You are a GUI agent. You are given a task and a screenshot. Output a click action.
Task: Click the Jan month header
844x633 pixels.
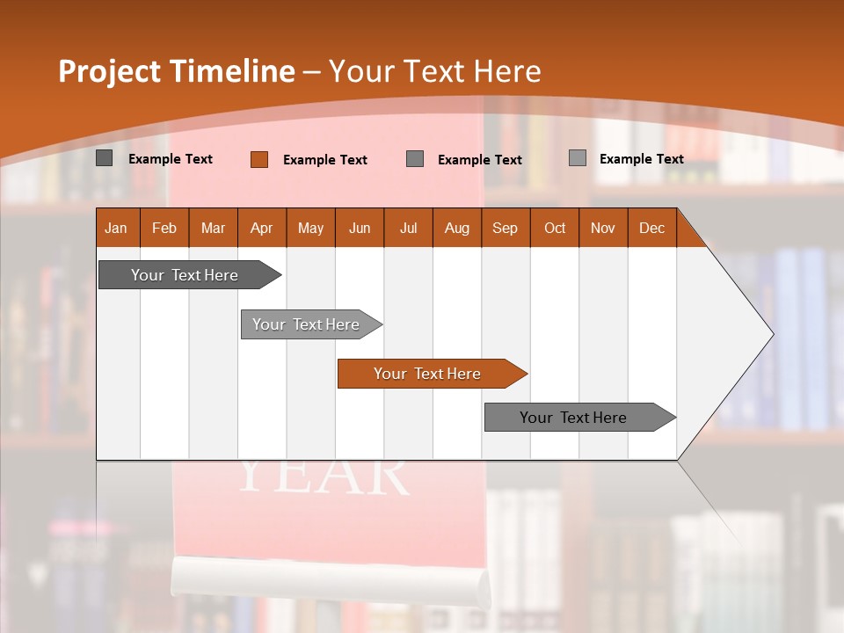coord(116,228)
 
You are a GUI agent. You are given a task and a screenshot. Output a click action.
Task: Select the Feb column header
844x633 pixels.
coord(164,228)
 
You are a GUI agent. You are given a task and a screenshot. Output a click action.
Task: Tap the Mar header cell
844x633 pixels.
coord(213,228)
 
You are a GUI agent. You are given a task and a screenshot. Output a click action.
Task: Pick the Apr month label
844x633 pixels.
coord(262,228)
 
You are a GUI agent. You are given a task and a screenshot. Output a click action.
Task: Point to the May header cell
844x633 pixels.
coord(310,228)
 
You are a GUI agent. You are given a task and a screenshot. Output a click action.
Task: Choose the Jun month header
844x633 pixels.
coord(360,228)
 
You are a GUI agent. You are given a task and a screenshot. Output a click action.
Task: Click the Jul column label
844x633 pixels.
coord(408,228)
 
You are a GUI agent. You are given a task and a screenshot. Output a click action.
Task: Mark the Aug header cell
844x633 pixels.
coord(457,228)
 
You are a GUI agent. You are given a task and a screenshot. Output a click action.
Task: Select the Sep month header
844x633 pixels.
coord(506,228)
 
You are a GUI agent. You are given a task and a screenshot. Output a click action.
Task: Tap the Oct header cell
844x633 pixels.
coord(555,228)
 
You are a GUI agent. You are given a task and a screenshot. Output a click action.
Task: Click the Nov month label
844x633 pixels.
coord(603,228)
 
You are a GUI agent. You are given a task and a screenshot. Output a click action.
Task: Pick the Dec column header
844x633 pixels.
coord(652,228)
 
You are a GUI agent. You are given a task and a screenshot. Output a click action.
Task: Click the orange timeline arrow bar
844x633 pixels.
coord(428,374)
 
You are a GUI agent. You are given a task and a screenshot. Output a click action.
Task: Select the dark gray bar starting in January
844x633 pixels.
coord(186,275)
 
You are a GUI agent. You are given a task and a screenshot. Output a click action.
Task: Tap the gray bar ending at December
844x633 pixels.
coord(574,418)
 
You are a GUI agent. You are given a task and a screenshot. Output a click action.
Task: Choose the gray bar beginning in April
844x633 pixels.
coord(307,324)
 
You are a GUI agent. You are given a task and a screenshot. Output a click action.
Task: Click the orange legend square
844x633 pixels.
coord(258,159)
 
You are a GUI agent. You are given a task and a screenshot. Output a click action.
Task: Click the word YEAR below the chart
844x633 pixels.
coord(324,476)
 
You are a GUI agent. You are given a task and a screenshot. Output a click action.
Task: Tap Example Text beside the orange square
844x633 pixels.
coord(324,160)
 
